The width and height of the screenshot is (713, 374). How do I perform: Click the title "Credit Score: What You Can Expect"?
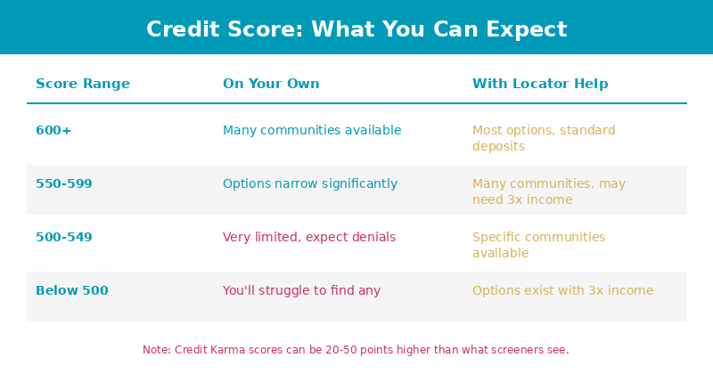pyautogui.click(x=356, y=29)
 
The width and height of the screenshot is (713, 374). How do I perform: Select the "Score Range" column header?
pyautogui.click(x=83, y=84)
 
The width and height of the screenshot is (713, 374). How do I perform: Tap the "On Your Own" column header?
pyautogui.click(x=271, y=84)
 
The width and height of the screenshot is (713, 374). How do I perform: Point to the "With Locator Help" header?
pyautogui.click(x=540, y=84)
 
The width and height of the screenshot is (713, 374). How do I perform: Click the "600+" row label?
pyautogui.click(x=53, y=130)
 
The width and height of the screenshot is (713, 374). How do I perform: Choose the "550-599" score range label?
pyautogui.click(x=64, y=183)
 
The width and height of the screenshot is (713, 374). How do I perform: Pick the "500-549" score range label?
pyautogui.click(x=64, y=237)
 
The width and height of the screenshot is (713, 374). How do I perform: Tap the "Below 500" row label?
pyautogui.click(x=72, y=290)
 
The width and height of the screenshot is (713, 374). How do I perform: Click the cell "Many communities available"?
pyautogui.click(x=312, y=130)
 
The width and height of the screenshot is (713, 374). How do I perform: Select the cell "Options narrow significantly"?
pyautogui.click(x=310, y=183)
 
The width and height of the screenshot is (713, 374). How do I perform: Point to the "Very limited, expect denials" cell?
pyautogui.click(x=309, y=237)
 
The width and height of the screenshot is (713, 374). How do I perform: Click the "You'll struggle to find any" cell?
pyautogui.click(x=301, y=290)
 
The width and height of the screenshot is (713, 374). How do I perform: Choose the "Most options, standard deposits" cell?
pyautogui.click(x=544, y=138)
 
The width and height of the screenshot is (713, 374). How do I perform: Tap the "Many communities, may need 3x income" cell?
pyautogui.click(x=549, y=191)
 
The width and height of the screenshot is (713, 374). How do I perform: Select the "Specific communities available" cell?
pyautogui.click(x=539, y=245)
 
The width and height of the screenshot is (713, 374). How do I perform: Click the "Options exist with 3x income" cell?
pyautogui.click(x=563, y=290)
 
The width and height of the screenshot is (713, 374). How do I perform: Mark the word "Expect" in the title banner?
pyautogui.click(x=527, y=30)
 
